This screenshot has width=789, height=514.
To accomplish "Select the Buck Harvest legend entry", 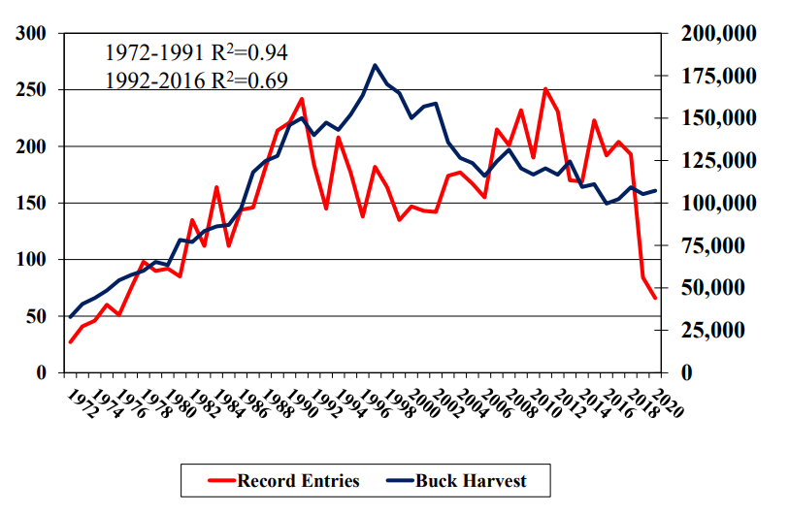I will pos(457,480).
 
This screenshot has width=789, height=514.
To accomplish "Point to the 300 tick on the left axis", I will pos(32,34).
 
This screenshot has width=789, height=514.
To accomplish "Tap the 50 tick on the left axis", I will pos(37,317).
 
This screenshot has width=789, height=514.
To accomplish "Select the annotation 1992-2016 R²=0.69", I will pos(196,80).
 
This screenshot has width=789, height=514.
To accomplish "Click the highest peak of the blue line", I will pos(375,65).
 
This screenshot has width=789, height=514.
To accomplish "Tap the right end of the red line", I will pos(656,298).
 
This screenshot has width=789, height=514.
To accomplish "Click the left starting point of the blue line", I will pos(70,317).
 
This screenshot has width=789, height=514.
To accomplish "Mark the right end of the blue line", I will pos(656,191).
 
